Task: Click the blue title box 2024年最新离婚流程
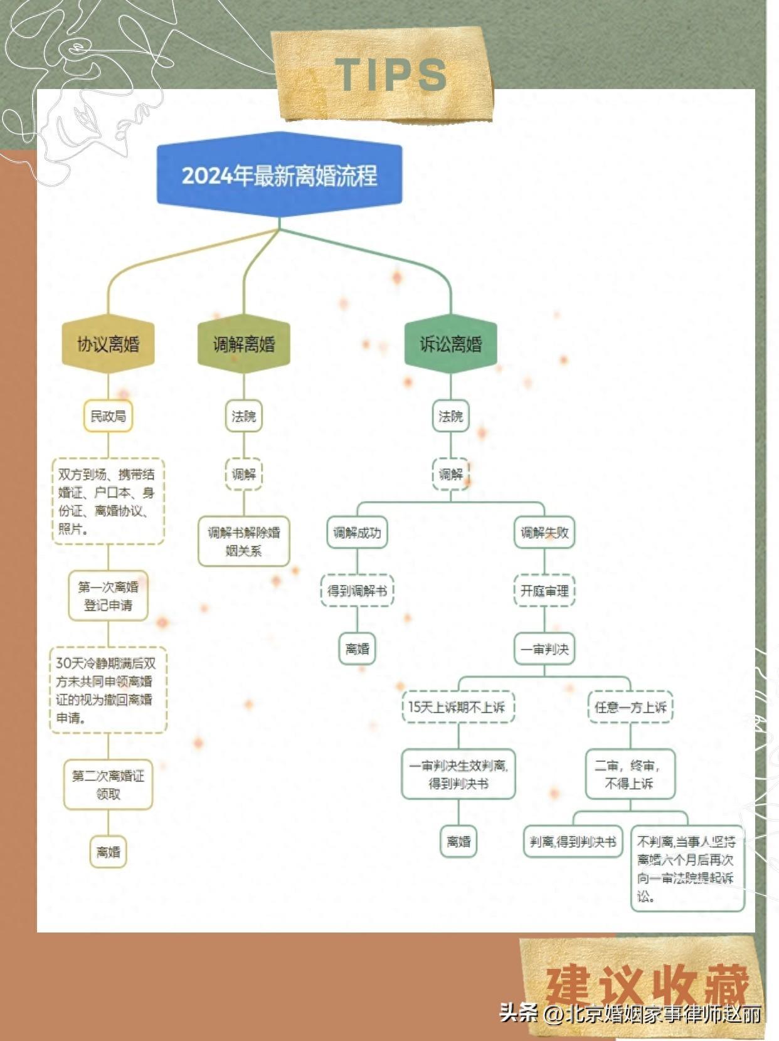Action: [x=279, y=175]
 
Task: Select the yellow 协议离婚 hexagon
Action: [x=108, y=344]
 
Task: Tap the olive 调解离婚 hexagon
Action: [x=244, y=344]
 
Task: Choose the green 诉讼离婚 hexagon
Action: [x=450, y=344]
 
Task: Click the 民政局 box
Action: [x=108, y=416]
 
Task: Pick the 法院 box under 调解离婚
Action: [x=244, y=416]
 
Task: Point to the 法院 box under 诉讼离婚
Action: [x=450, y=416]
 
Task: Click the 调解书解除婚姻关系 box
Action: [x=244, y=541]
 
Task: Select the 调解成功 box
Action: [x=357, y=532]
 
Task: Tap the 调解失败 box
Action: [x=544, y=532]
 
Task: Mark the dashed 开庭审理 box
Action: [x=544, y=591]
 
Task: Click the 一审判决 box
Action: [x=544, y=649]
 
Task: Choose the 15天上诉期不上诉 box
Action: [x=458, y=707]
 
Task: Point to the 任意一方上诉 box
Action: [x=630, y=707]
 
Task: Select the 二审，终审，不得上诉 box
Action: [x=630, y=774]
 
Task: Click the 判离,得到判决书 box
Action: [x=573, y=842]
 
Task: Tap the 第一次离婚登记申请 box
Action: [x=108, y=596]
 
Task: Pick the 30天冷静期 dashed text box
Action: [x=108, y=690]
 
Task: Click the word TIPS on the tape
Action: [x=390, y=74]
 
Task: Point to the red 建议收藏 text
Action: [x=647, y=985]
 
